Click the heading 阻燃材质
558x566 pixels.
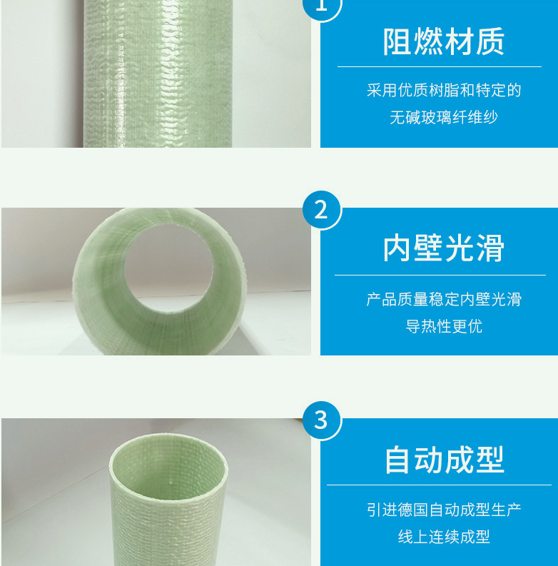[443, 41]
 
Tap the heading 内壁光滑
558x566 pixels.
[443, 248]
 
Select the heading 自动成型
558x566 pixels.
[443, 459]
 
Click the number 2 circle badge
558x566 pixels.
[320, 210]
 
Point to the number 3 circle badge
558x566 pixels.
[320, 420]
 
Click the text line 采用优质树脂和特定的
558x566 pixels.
[443, 91]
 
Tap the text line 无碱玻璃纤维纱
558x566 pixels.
[443, 117]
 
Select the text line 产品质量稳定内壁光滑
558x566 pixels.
[443, 299]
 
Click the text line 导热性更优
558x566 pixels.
[443, 326]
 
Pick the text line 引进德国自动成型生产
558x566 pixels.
[443, 510]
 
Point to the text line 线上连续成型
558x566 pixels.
[443, 537]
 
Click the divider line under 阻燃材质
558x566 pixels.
[440, 67]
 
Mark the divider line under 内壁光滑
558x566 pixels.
[440, 275]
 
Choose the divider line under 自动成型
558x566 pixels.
[440, 485]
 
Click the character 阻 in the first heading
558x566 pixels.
[397, 41]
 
